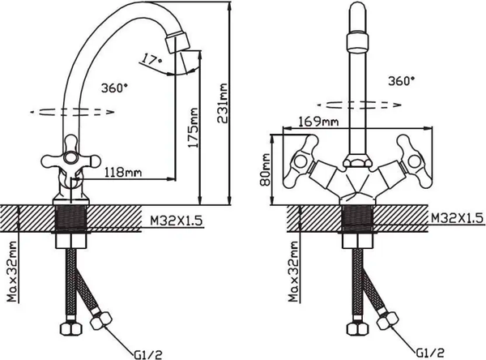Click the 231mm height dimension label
(223, 103)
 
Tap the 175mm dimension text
(193, 128)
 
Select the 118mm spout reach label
(123, 172)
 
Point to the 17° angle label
(151, 59)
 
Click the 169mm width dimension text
(318, 122)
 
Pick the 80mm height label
(266, 169)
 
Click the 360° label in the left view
(114, 88)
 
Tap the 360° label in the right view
(402, 81)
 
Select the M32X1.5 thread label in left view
(177, 221)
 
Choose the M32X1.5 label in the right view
(458, 218)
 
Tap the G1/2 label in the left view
(148, 354)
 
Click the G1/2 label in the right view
(430, 353)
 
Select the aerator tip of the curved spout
(178, 42)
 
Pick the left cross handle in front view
(301, 161)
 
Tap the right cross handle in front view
(415, 161)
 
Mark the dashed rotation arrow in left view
(73, 112)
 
